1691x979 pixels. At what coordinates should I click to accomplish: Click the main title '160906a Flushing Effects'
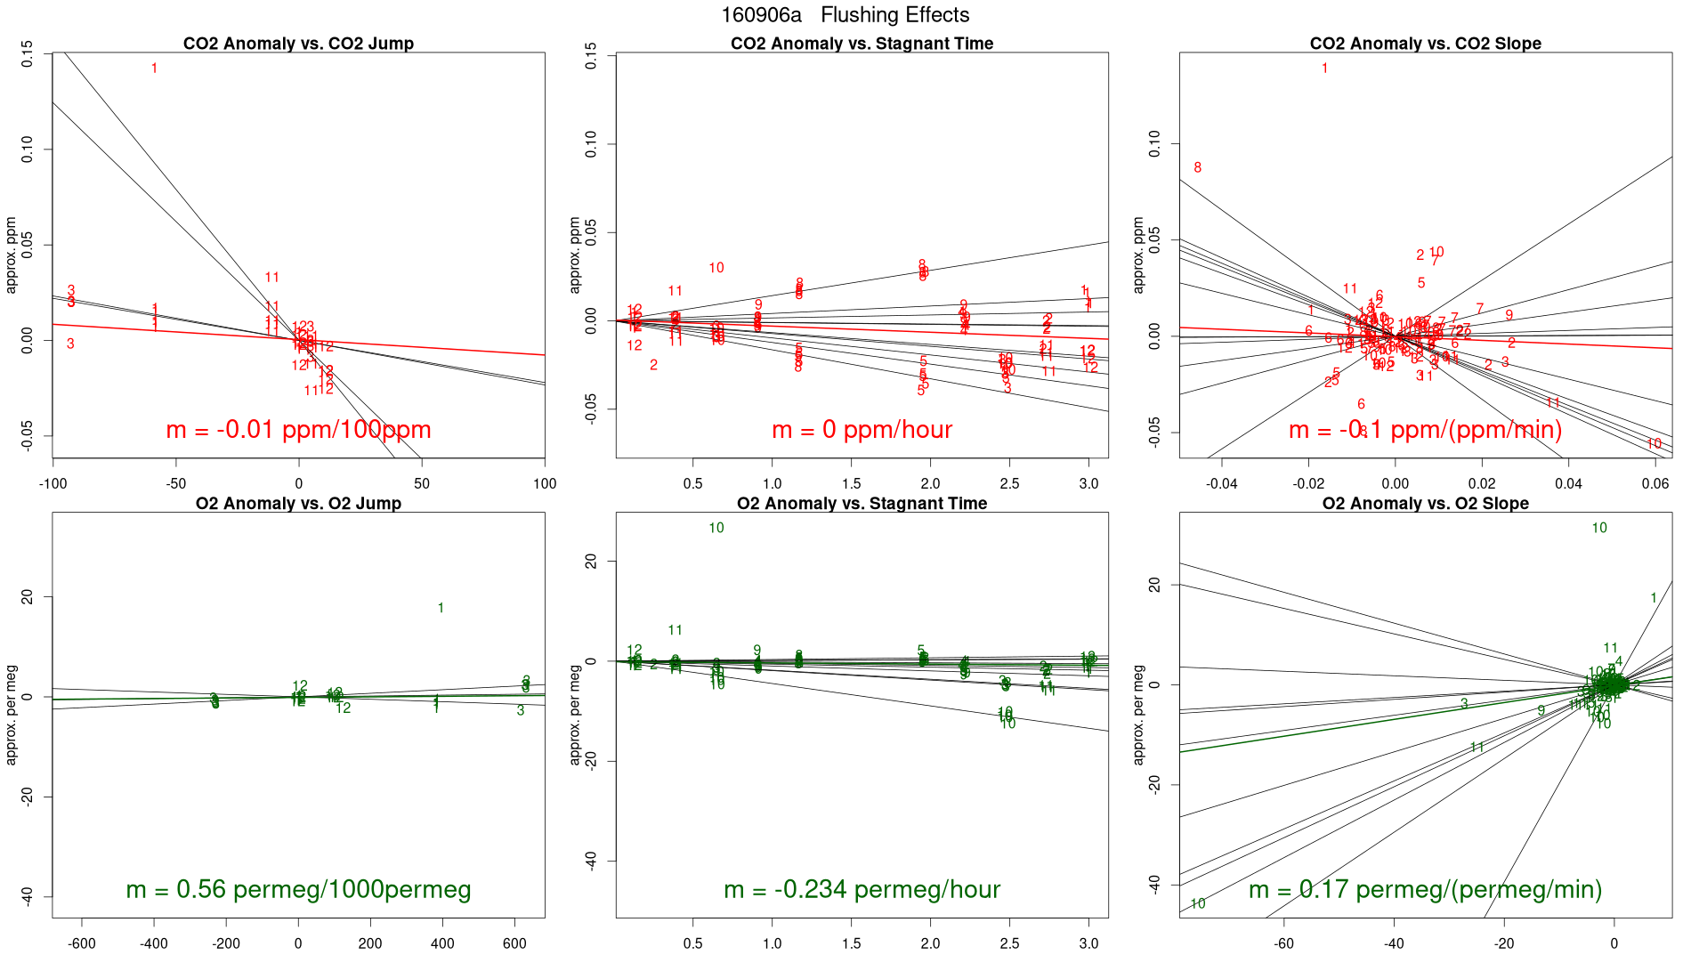(845, 15)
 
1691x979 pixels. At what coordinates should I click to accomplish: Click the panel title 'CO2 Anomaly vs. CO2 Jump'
(298, 44)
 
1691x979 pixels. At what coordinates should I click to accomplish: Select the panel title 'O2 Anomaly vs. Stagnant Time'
(862, 504)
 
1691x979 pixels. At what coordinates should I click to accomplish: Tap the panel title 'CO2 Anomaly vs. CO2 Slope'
(1425, 44)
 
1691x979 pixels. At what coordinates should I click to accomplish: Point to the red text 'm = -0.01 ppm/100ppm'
(298, 430)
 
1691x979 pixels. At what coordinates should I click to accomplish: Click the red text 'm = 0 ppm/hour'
(862, 430)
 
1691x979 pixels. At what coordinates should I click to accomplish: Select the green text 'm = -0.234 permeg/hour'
(862, 889)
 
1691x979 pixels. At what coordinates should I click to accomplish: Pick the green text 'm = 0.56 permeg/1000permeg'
(298, 889)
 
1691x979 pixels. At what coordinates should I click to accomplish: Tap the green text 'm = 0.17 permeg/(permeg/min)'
(1425, 889)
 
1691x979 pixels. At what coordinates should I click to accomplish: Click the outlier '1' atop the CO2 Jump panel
(154, 69)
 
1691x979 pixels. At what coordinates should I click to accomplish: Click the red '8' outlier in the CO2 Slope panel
(1197, 167)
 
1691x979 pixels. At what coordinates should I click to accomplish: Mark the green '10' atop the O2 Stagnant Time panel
(716, 528)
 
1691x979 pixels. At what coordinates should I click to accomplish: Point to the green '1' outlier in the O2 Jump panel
(441, 608)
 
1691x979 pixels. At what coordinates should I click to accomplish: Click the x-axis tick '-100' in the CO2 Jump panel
(53, 484)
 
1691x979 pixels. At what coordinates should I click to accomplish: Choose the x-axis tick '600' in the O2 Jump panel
(514, 943)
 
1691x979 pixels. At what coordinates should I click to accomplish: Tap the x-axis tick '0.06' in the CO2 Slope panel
(1655, 484)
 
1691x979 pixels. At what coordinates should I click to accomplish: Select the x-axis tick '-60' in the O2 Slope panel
(1283, 943)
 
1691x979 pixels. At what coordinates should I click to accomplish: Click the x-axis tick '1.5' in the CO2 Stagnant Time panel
(852, 484)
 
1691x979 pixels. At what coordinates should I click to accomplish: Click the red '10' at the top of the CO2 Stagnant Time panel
(716, 268)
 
